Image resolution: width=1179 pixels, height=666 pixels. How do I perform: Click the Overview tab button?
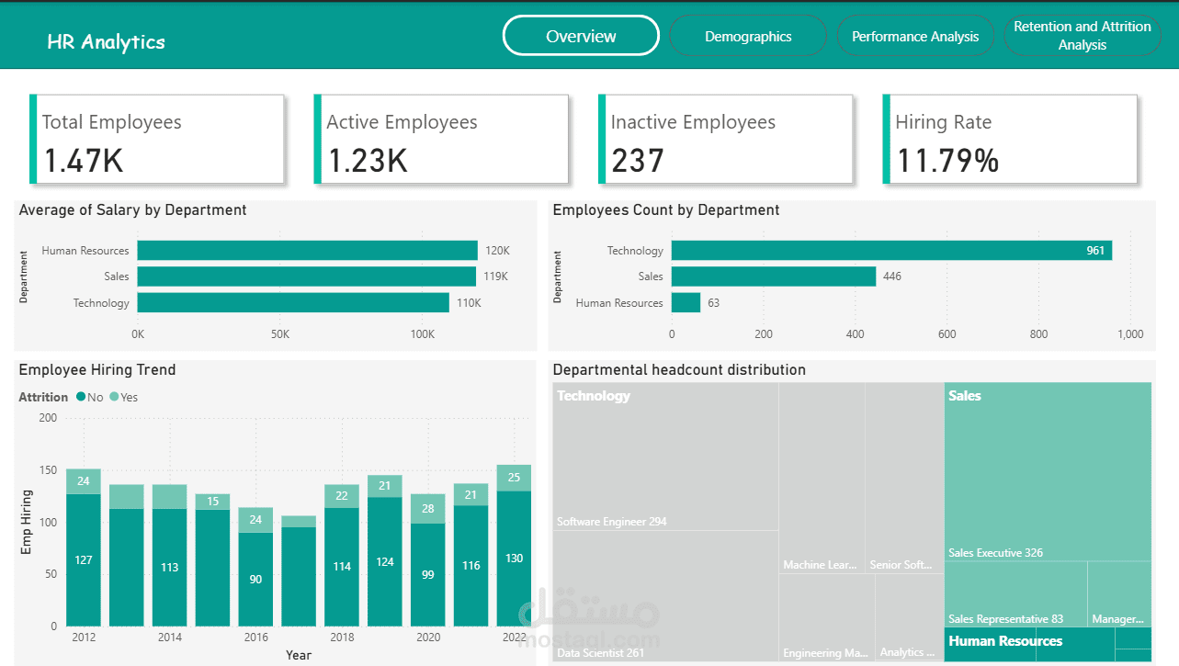click(x=581, y=37)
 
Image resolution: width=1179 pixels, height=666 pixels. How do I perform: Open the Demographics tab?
click(x=748, y=37)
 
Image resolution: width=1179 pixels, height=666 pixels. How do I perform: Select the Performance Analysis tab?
click(x=915, y=37)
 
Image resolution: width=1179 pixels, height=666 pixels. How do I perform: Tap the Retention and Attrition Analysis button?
click(x=1082, y=36)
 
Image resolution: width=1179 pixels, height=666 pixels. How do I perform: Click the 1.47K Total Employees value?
click(x=84, y=161)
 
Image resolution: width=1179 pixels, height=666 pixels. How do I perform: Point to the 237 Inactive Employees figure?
click(x=637, y=161)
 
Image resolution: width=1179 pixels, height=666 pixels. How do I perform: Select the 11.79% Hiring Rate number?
click(x=947, y=161)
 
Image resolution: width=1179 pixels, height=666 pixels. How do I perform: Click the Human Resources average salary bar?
click(x=307, y=251)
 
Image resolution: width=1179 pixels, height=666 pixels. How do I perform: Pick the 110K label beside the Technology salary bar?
click(x=469, y=303)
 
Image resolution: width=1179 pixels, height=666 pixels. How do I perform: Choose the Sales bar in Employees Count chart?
click(x=774, y=277)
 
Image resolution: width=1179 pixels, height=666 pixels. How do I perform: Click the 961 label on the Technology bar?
click(x=1095, y=251)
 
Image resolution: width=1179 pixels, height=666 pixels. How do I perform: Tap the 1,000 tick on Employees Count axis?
click(x=1130, y=334)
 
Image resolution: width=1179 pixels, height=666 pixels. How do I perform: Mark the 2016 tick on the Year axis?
click(x=256, y=638)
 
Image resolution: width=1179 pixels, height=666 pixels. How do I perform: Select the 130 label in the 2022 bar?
click(x=515, y=559)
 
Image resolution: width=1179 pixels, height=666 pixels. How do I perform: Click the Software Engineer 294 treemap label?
click(x=611, y=522)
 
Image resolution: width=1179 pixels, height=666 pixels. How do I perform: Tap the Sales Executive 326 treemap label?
click(x=995, y=553)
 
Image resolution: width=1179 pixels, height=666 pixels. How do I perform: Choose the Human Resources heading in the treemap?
click(x=1005, y=641)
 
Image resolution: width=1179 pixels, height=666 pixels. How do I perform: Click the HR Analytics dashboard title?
click(x=107, y=42)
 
